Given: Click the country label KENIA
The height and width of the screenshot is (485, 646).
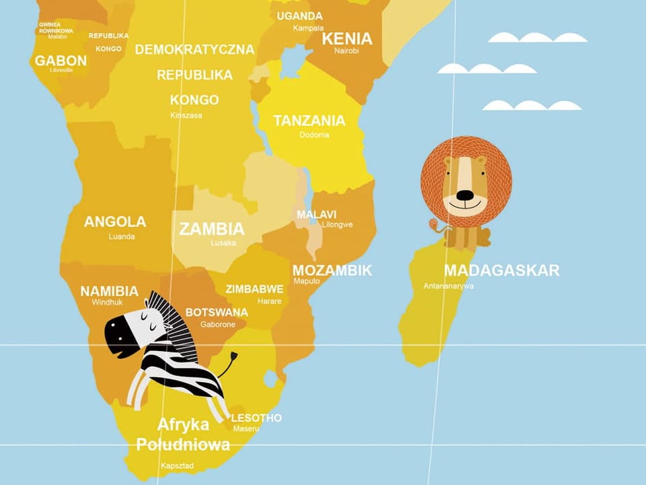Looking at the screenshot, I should click(347, 38).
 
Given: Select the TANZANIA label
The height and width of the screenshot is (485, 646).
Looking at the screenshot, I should click(309, 121).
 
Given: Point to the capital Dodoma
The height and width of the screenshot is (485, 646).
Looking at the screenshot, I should click(314, 135).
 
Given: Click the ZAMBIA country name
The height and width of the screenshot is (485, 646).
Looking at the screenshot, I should click(211, 228).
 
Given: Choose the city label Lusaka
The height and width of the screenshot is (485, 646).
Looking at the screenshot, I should click(223, 243).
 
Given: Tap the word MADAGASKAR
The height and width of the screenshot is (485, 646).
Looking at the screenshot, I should click(501, 271).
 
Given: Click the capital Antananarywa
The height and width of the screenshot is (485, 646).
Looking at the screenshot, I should click(448, 286).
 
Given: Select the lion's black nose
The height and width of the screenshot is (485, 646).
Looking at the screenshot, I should click(465, 196).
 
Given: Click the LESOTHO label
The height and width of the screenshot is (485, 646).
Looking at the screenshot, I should click(256, 418).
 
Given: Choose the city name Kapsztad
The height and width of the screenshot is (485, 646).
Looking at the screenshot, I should click(177, 465).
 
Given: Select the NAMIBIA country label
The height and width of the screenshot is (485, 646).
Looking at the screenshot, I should click(109, 292).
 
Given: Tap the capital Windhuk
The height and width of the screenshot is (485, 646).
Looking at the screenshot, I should click(108, 302).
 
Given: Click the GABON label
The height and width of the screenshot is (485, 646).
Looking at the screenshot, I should click(61, 61).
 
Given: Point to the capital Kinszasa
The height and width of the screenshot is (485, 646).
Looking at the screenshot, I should click(186, 115).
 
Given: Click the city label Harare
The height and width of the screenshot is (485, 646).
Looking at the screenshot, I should click(269, 301).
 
